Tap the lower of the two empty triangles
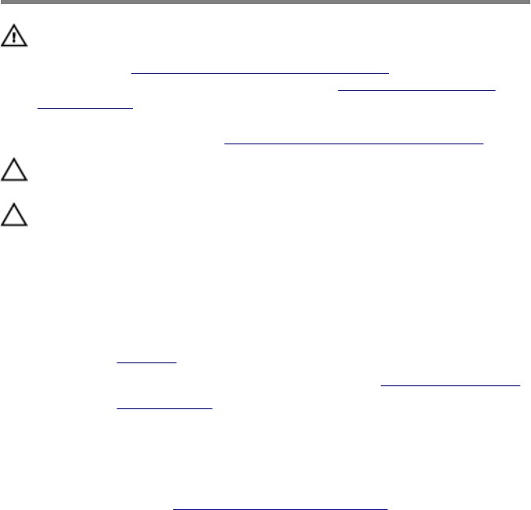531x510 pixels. point(15,216)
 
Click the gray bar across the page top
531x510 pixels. point(265,2)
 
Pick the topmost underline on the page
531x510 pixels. point(259,73)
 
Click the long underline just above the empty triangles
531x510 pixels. point(354,143)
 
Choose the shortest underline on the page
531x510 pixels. point(147,362)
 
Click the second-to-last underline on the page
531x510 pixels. point(163,408)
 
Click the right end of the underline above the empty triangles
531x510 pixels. point(483,143)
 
